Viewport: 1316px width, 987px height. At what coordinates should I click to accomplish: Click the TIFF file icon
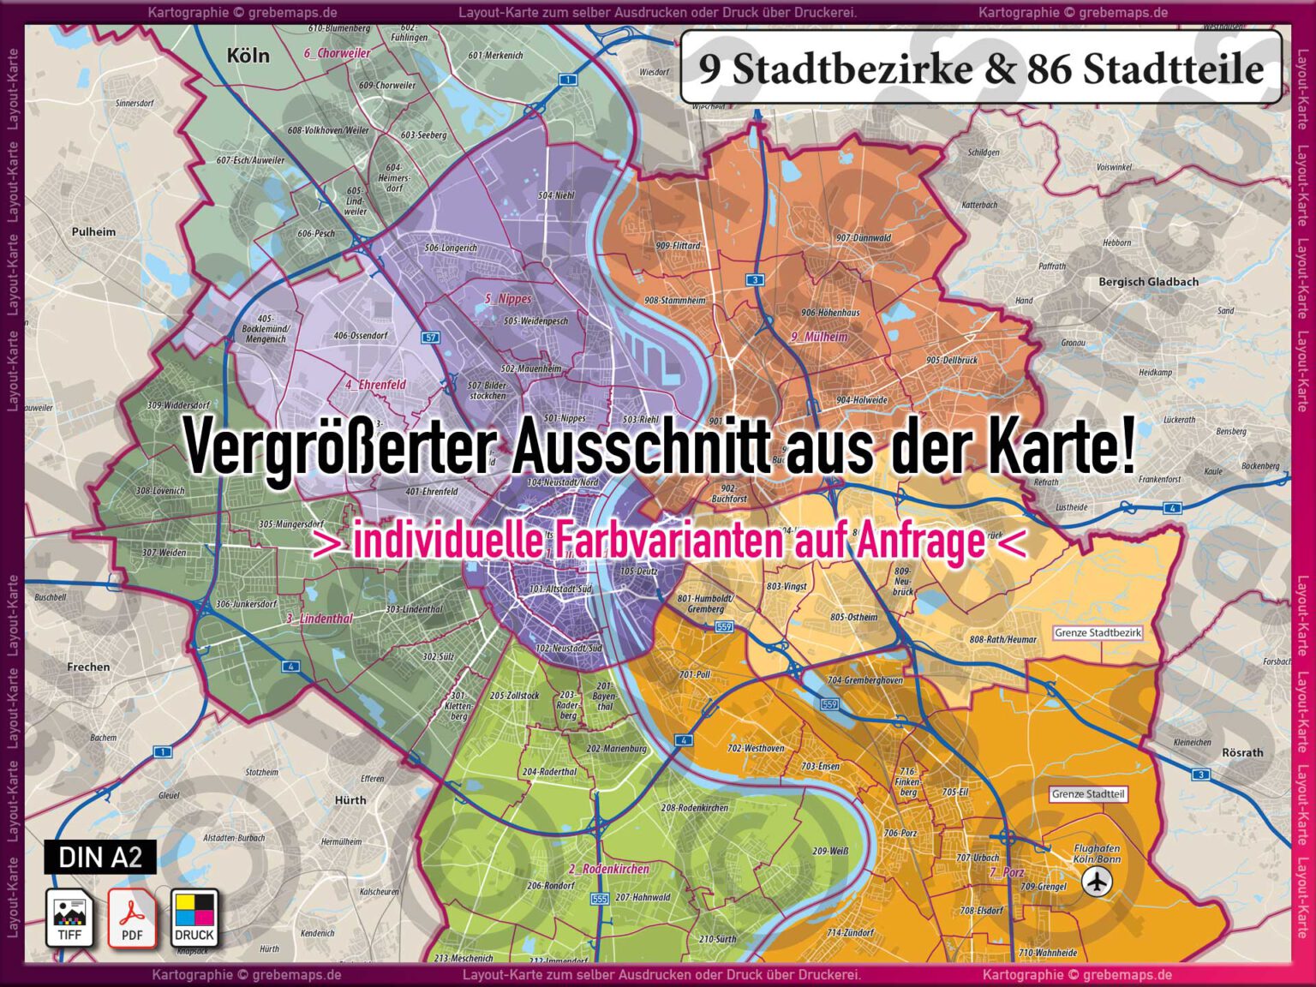[x=69, y=917]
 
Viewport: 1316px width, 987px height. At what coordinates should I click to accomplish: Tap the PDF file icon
[x=132, y=917]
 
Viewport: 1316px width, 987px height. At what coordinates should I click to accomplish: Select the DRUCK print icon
[x=194, y=917]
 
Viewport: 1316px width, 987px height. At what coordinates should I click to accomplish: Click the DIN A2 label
[x=100, y=857]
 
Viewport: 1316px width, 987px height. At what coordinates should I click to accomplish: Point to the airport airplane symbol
[x=1096, y=881]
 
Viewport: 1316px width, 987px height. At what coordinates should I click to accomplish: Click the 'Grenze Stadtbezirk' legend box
[x=1098, y=633]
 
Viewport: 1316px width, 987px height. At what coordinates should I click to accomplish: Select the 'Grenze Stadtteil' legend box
[x=1088, y=794]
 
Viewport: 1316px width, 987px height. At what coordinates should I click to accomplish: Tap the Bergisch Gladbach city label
[x=1148, y=282]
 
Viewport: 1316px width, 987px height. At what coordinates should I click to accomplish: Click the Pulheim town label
[x=93, y=231]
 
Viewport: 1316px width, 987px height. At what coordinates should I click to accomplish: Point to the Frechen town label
[x=88, y=667]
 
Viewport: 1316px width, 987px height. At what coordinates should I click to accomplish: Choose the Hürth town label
[x=350, y=799]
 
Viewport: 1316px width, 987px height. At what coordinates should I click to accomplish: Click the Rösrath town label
[x=1242, y=752]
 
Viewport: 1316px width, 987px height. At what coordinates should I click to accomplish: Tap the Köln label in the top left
[x=248, y=57]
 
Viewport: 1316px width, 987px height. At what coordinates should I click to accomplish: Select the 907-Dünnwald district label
[x=863, y=238]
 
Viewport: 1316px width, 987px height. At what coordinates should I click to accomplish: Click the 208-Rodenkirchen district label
[x=694, y=808]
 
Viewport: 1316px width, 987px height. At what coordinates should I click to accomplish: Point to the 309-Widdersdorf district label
[x=178, y=405]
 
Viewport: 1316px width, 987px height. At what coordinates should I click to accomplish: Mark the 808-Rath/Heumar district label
[x=1002, y=639]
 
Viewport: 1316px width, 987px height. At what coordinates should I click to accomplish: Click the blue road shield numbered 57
[x=431, y=338]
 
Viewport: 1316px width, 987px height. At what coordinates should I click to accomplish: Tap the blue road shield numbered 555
[x=599, y=899]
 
